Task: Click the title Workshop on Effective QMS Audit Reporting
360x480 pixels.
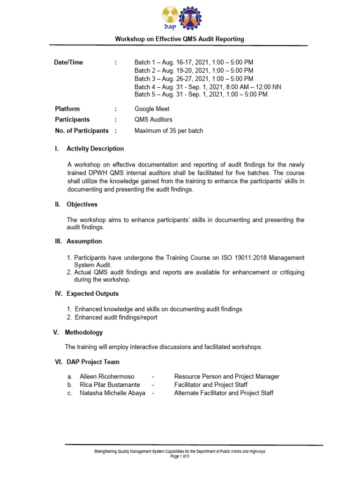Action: click(180, 39)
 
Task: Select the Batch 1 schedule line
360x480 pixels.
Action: click(194, 62)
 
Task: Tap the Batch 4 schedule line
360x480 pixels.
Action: click(208, 86)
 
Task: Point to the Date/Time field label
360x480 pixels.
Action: click(69, 62)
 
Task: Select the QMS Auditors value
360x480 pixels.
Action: click(153, 120)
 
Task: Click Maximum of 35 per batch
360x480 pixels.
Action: click(169, 131)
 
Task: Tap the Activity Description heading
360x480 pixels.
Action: click(95, 149)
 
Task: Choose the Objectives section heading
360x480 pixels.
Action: click(82, 204)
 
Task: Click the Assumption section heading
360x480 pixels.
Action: click(84, 241)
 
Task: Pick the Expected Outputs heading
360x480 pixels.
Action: click(92, 294)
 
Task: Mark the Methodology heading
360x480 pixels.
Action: click(83, 332)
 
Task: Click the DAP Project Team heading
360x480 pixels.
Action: click(93, 362)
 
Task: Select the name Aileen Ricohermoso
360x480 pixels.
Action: click(107, 376)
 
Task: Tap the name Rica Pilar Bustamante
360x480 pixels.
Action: click(110, 385)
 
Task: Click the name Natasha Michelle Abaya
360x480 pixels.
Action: click(112, 393)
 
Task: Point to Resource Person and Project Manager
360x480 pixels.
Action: click(226, 376)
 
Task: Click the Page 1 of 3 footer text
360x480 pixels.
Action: click(180, 456)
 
